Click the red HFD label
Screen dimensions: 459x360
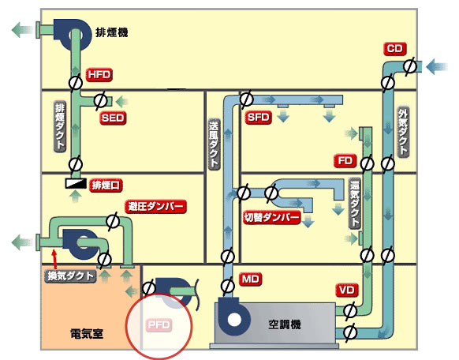(x=99, y=75)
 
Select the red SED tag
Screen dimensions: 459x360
(x=113, y=118)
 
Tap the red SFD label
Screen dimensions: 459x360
(x=258, y=118)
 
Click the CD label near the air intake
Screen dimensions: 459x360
(x=394, y=49)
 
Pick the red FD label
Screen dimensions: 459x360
(x=345, y=161)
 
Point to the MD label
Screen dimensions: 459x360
(x=251, y=279)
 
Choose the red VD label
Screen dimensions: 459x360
(x=347, y=290)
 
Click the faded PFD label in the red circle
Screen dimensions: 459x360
(x=159, y=324)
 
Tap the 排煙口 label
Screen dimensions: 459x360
(x=106, y=185)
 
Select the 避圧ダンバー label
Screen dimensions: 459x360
(x=155, y=206)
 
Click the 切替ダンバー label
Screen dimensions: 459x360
(x=272, y=217)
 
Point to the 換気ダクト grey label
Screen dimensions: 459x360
(x=70, y=276)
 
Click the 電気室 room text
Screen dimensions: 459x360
(x=87, y=334)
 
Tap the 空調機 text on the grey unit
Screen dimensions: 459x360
(x=285, y=324)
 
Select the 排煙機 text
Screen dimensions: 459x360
(x=112, y=32)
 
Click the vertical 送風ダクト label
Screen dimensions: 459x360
(x=214, y=144)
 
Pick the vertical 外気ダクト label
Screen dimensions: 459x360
(x=403, y=132)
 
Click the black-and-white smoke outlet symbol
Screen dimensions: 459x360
(x=76, y=183)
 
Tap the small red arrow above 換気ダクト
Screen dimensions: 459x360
(x=54, y=259)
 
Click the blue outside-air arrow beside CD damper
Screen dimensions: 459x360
(x=437, y=66)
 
